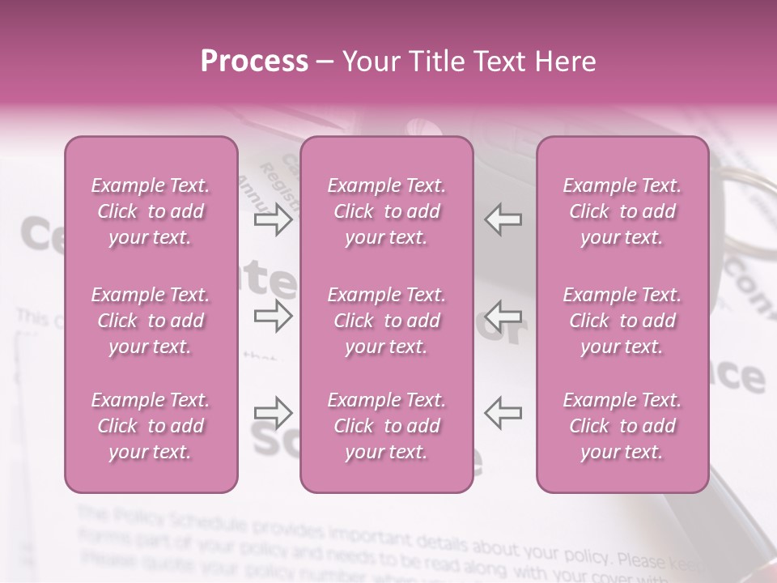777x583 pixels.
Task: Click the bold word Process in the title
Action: (x=253, y=62)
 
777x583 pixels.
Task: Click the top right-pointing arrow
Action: (x=274, y=219)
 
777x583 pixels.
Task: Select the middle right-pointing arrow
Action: (x=274, y=316)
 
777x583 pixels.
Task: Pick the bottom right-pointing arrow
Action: (x=274, y=412)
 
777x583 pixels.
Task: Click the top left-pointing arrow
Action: (x=503, y=219)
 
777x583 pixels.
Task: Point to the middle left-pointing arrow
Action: (x=503, y=316)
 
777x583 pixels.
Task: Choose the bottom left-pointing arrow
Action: (x=503, y=412)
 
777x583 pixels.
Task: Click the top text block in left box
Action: (x=151, y=211)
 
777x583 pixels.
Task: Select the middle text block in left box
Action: (x=151, y=321)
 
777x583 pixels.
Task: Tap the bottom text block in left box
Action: (x=151, y=426)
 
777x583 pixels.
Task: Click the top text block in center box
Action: (x=386, y=211)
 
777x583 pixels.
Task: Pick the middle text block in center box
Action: (x=386, y=321)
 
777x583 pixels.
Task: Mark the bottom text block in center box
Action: (x=386, y=426)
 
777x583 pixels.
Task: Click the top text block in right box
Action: (x=622, y=211)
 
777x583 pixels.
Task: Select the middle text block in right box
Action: (x=622, y=321)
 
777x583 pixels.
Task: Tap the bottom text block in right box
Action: (x=622, y=426)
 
